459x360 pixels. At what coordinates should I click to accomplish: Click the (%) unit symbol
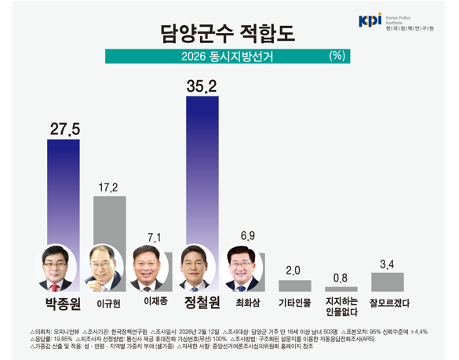click(337, 56)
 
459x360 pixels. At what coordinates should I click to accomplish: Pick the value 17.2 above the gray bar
click(109, 187)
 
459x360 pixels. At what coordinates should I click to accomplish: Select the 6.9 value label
click(247, 235)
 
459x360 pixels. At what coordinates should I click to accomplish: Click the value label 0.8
click(340, 278)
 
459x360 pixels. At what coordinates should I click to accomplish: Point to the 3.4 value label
click(387, 264)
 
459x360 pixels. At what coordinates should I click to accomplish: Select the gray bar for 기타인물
click(294, 285)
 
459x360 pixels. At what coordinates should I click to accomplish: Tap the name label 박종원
click(64, 303)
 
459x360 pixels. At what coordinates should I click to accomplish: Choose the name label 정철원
click(202, 303)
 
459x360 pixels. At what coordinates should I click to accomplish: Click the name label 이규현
click(109, 303)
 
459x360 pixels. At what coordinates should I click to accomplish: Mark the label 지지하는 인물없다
click(341, 306)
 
